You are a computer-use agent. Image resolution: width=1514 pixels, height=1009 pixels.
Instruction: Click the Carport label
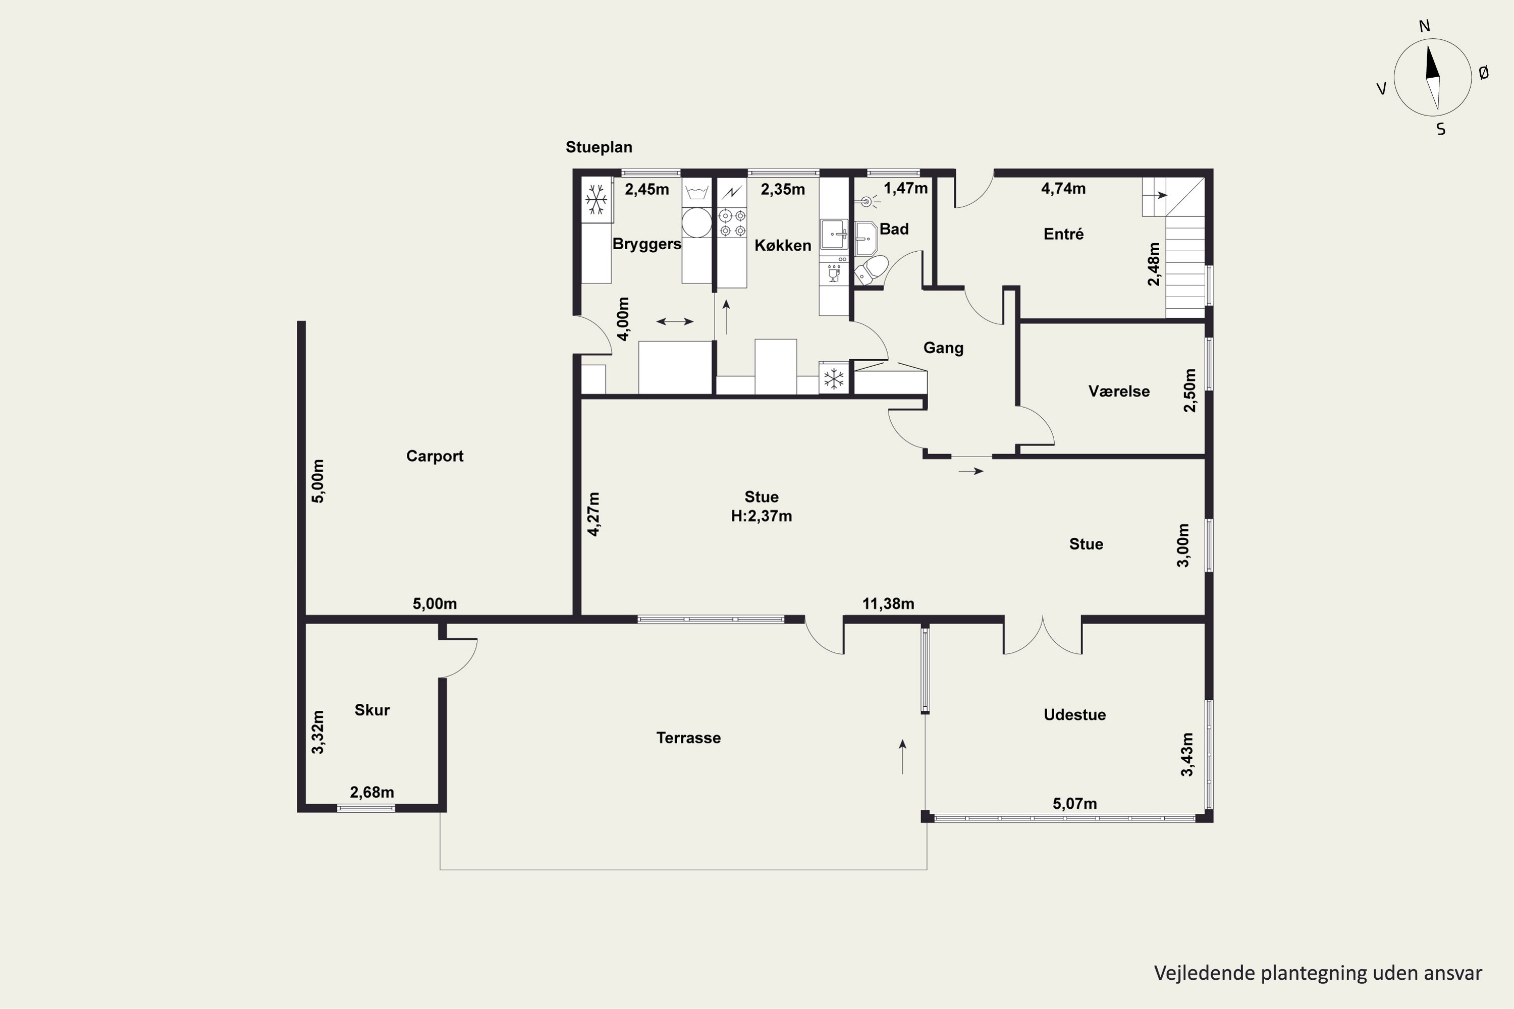[x=435, y=456]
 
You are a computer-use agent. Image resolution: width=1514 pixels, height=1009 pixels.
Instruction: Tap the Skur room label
[x=372, y=710]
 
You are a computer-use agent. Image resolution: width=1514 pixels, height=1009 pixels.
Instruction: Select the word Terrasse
[x=688, y=738]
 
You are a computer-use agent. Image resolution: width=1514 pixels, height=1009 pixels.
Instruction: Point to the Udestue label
[x=1074, y=714]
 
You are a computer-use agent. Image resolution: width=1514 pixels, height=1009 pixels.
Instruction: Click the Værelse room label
[x=1119, y=391]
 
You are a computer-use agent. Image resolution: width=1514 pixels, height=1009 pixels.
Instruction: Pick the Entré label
[x=1063, y=234]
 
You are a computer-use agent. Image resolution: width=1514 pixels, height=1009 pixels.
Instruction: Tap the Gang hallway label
[x=943, y=348]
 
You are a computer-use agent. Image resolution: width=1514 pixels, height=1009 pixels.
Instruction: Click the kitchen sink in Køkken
[x=834, y=234]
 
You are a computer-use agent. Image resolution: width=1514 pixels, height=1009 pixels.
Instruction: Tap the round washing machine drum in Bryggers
[x=696, y=222]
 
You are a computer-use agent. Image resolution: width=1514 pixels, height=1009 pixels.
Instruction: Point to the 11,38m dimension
[x=888, y=603]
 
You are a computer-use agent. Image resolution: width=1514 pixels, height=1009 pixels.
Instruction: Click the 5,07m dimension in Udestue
[x=1074, y=804]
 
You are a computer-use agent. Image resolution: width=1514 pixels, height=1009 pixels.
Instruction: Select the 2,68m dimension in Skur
[x=372, y=792]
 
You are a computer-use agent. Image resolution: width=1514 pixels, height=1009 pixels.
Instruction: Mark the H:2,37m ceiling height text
[x=762, y=516]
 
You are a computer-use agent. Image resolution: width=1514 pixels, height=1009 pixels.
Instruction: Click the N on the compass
[x=1424, y=26]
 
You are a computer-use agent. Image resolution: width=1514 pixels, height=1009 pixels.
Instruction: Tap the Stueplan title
[x=599, y=147]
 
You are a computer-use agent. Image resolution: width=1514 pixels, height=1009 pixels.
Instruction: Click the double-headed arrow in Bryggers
[x=675, y=321]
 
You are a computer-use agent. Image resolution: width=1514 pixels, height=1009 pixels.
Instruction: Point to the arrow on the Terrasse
[x=902, y=757]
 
